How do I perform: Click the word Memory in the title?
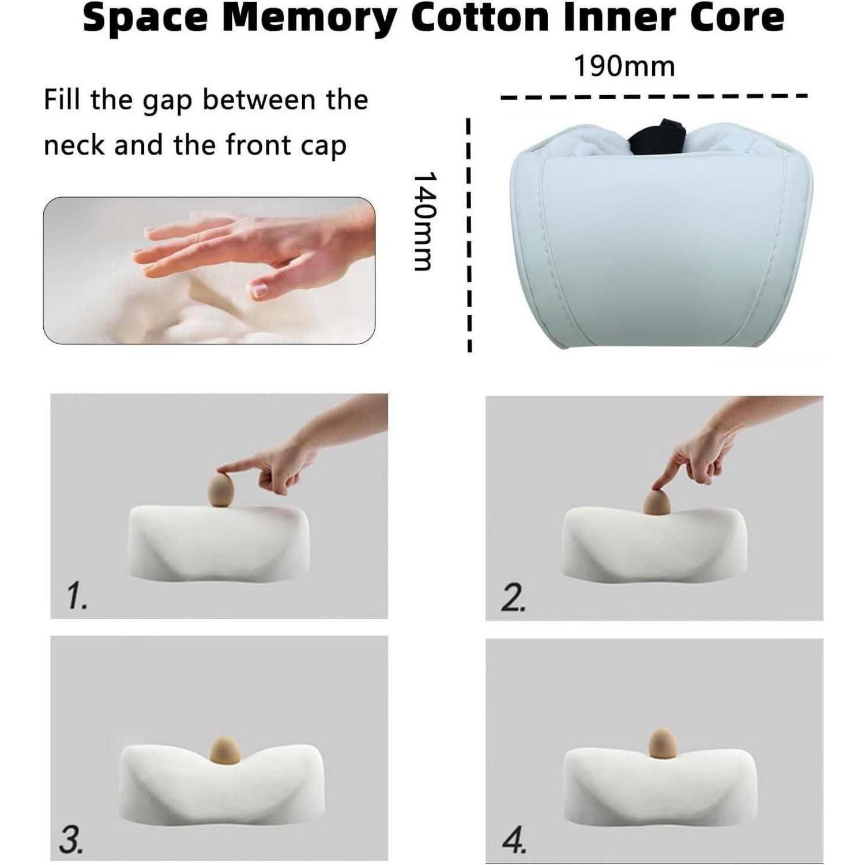coord(310,18)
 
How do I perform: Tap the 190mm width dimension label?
coord(624,66)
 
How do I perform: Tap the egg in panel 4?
coord(662,743)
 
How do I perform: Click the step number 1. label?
coord(77,596)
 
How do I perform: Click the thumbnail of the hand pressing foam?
coord(209,270)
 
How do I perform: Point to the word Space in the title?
coord(145,18)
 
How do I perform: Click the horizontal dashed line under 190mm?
coord(653,97)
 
